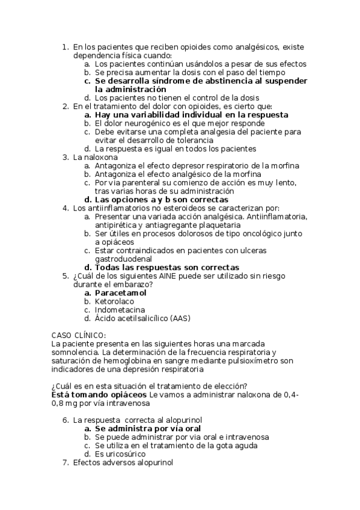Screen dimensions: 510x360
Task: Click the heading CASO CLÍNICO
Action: coord(79,335)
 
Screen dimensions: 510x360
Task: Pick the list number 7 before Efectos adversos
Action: coord(66,462)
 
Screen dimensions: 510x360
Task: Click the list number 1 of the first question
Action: coord(66,46)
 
